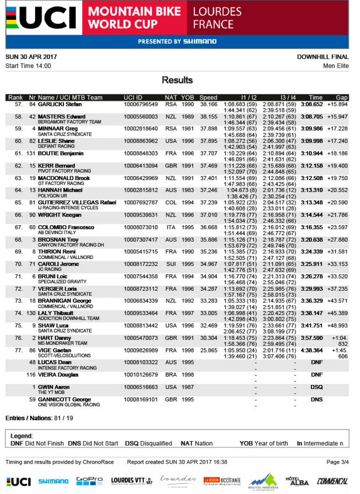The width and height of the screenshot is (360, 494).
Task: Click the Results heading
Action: point(177,80)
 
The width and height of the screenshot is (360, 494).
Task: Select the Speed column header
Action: point(208,97)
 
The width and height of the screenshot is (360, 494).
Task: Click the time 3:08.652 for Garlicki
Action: point(315,104)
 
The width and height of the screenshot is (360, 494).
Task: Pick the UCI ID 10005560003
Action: point(141,116)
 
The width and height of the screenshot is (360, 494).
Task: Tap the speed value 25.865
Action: point(208,350)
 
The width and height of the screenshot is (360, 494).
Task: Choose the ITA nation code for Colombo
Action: point(171,227)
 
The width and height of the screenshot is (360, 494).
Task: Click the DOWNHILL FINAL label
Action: point(323,57)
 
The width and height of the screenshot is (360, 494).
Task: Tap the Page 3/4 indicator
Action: point(337,462)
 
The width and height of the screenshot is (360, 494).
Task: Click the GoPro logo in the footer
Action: point(89,481)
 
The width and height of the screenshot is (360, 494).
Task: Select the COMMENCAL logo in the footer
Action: point(332,481)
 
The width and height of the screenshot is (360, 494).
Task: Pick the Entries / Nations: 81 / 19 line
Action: point(39,419)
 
